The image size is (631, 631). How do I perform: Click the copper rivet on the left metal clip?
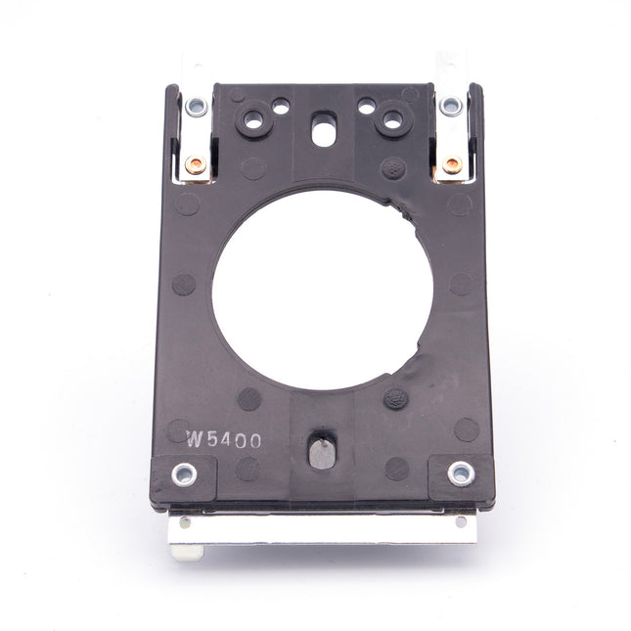(194, 166)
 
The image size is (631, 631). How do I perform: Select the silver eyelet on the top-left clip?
(198, 106)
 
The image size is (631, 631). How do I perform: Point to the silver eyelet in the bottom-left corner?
(182, 475)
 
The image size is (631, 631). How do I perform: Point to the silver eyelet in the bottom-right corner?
(459, 473)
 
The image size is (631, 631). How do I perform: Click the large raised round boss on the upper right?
(394, 120)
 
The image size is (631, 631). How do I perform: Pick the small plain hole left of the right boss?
(365, 103)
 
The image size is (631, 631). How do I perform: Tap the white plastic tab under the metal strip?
(186, 552)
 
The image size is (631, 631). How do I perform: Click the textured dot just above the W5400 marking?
(249, 398)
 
